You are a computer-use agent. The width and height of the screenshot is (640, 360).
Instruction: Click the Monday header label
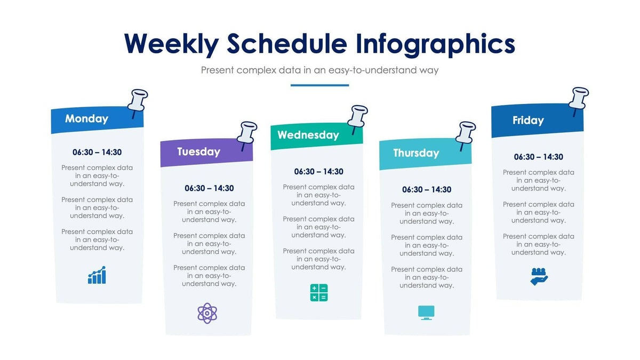click(x=86, y=119)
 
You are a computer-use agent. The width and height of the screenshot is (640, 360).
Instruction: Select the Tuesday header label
click(x=198, y=151)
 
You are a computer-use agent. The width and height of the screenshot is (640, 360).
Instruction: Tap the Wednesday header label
click(x=308, y=135)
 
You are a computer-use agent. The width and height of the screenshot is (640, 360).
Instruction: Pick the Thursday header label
click(x=416, y=153)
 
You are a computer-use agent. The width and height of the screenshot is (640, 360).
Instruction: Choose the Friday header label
click(x=528, y=121)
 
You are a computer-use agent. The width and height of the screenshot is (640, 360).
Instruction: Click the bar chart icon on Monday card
click(x=97, y=275)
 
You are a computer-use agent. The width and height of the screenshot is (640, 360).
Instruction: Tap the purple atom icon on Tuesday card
click(x=207, y=313)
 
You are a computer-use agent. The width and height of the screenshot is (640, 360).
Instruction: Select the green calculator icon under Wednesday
click(x=319, y=293)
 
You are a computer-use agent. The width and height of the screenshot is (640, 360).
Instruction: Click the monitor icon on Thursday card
click(x=426, y=313)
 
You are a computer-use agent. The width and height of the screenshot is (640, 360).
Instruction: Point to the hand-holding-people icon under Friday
click(x=539, y=276)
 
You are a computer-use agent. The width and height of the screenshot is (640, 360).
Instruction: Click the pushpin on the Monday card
click(x=138, y=102)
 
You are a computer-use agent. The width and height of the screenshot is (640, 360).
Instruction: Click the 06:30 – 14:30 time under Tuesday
click(x=209, y=188)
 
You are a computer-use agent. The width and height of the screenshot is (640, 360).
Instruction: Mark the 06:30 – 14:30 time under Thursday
click(x=427, y=190)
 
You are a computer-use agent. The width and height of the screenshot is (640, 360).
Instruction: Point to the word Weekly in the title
click(x=171, y=44)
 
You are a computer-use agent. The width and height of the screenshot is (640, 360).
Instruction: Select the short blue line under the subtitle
click(x=319, y=85)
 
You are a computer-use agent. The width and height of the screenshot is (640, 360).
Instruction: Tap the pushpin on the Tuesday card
click(x=247, y=134)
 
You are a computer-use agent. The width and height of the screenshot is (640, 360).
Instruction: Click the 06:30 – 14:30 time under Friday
click(x=538, y=157)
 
